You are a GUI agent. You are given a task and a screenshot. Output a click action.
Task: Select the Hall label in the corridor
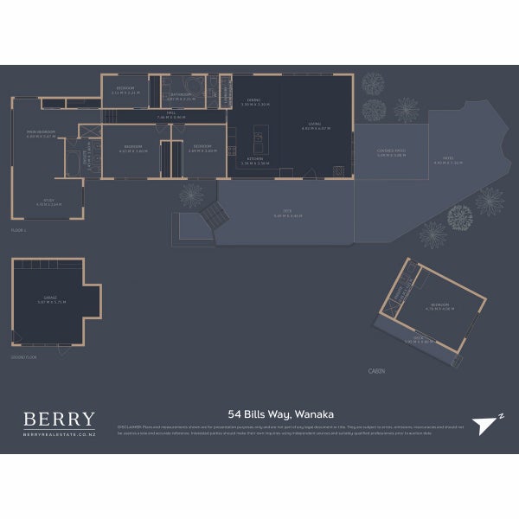[177, 114]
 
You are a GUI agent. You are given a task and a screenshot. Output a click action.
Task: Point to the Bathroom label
[181, 97]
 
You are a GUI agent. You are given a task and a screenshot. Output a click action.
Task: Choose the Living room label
[315, 126]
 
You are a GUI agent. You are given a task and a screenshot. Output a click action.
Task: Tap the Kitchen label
[254, 161]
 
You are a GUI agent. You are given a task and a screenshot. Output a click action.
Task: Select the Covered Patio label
[391, 153]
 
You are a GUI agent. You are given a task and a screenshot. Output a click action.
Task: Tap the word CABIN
[376, 370]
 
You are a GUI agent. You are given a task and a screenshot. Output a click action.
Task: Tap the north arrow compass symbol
[488, 420]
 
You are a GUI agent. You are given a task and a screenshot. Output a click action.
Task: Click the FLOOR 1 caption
[20, 231]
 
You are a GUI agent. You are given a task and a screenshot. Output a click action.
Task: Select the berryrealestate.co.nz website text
[59, 435]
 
